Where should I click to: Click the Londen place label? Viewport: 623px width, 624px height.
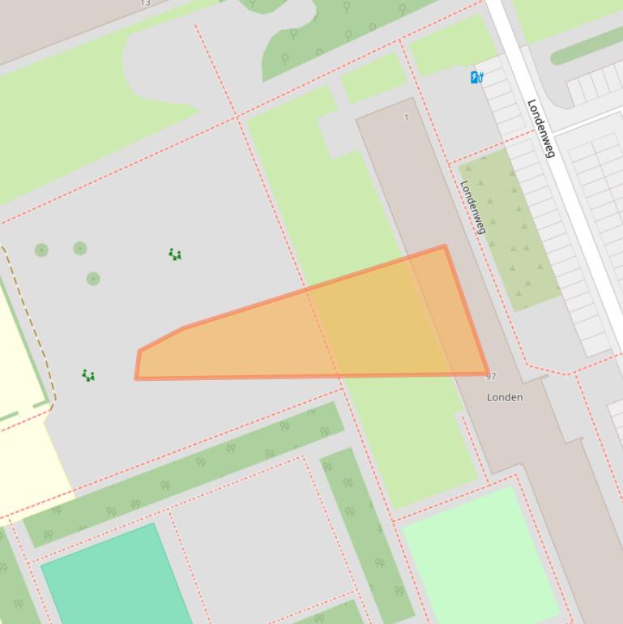point(504,397)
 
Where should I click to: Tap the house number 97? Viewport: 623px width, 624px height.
point(491,377)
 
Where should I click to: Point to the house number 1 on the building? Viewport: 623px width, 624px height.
point(406,118)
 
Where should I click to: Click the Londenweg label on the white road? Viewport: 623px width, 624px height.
point(540,128)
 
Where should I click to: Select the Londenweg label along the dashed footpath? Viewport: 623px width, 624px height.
point(473,207)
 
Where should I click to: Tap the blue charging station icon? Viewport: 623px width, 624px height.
point(477,78)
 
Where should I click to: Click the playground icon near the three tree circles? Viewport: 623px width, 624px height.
point(174,254)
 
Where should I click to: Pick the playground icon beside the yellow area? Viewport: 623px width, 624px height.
point(88,375)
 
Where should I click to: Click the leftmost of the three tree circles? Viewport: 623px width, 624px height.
point(41,250)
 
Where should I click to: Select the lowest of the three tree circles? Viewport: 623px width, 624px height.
point(93,279)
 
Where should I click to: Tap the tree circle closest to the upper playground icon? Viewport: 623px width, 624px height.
point(80,248)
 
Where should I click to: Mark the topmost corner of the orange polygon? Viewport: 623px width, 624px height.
point(444,246)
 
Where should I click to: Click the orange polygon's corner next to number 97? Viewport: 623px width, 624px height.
point(487,374)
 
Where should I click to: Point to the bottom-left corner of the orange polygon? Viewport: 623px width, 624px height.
point(136,378)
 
